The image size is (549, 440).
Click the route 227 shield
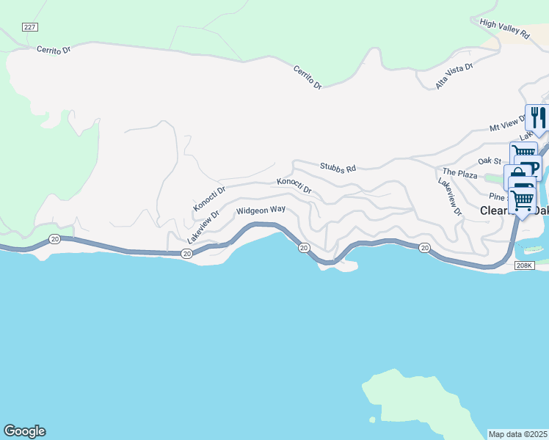click(x=29, y=27)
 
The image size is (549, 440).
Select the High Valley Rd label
click(x=505, y=29)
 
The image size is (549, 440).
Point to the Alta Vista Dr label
click(x=454, y=76)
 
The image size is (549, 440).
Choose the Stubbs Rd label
click(x=338, y=168)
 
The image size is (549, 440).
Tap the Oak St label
click(x=489, y=161)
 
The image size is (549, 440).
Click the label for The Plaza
click(x=459, y=173)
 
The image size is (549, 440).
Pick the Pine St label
click(x=499, y=197)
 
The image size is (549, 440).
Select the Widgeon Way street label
click(x=260, y=210)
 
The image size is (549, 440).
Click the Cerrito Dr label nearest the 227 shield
click(x=54, y=50)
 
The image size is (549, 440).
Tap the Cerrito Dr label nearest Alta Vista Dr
click(x=308, y=78)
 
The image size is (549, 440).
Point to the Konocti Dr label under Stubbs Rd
click(x=294, y=186)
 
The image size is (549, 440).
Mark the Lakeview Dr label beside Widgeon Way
click(x=203, y=228)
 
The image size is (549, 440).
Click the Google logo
click(x=24, y=431)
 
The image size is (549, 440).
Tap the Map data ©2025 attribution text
click(x=517, y=433)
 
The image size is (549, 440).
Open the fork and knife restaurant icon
click(x=537, y=117)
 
